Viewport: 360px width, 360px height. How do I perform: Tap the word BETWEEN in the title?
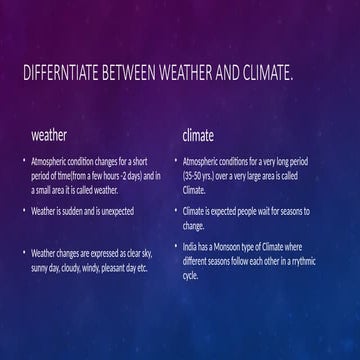pyautogui.click(x=147, y=74)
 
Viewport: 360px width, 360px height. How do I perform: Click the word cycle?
pyautogui.click(x=190, y=275)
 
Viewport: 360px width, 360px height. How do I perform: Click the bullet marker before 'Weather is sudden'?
pyautogui.click(x=24, y=212)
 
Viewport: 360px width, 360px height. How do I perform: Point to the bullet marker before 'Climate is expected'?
pyautogui.click(x=175, y=212)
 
